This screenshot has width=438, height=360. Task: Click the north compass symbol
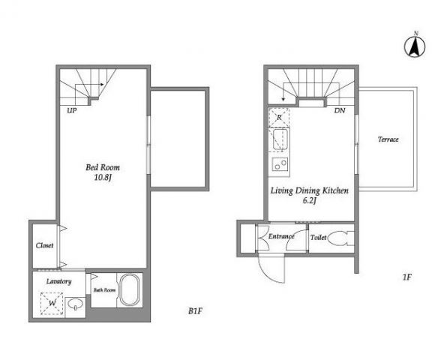tap(415, 45)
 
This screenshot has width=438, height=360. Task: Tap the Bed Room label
tap(103, 167)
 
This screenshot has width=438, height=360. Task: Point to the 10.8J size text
tap(103, 177)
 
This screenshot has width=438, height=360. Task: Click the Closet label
tap(44, 245)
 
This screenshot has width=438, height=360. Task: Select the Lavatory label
tap(58, 281)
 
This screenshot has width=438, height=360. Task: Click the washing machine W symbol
tap(52, 303)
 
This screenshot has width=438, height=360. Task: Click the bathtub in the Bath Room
tap(129, 290)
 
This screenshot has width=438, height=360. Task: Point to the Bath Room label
tap(104, 290)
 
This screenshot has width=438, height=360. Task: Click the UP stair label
tap(72, 110)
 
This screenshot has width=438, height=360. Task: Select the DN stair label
tap(340, 110)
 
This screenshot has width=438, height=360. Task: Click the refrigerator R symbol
tap(279, 118)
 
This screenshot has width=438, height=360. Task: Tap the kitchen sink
tap(280, 139)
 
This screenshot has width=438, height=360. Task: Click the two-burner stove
tap(280, 164)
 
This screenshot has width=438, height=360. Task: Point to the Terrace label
tap(388, 139)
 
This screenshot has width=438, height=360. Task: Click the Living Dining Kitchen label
tap(310, 190)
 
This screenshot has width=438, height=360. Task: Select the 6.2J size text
tap(310, 200)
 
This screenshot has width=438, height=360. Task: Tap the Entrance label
tap(281, 236)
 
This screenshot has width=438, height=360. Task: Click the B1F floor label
tap(195, 310)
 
